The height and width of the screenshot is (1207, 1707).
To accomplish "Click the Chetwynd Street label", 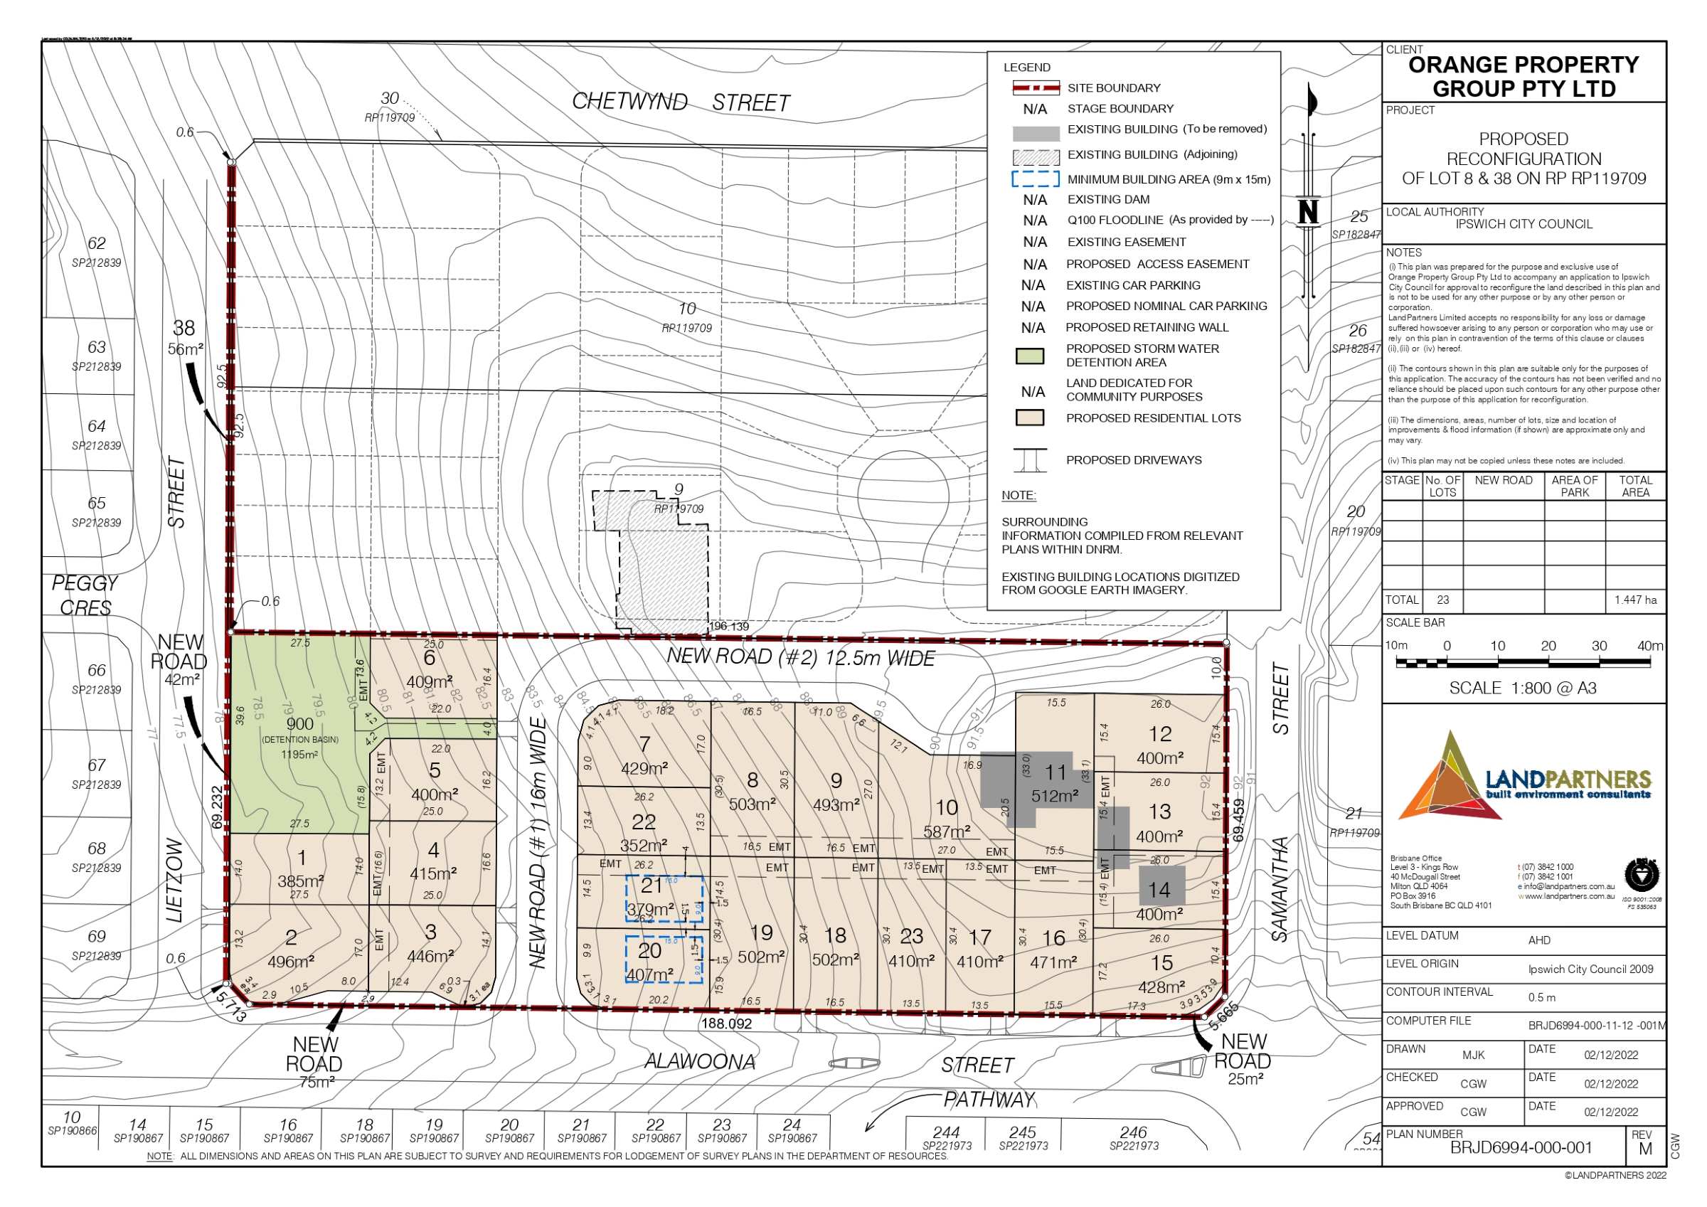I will [680, 102].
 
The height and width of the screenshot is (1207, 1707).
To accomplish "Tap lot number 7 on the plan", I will [644, 744].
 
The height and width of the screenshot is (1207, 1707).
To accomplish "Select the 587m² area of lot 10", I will [947, 831].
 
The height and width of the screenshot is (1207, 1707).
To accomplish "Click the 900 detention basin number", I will [299, 724].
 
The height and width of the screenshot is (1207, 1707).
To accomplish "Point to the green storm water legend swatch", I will [1030, 356].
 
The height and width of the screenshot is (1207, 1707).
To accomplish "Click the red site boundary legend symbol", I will [1036, 87].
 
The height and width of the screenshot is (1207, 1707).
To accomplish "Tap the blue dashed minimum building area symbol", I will [1035, 179].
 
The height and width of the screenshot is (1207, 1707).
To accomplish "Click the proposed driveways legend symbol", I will [1030, 460].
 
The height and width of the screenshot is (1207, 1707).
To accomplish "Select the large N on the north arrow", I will [1308, 212].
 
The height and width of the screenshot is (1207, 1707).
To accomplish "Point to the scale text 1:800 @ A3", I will [1523, 688].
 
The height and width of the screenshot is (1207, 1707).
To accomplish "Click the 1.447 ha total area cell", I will [1635, 600].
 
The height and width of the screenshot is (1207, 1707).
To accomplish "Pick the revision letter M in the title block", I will [1645, 1148].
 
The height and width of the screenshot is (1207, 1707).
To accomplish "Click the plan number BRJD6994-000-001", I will [1521, 1147].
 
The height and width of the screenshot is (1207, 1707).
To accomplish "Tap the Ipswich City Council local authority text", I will [1523, 224].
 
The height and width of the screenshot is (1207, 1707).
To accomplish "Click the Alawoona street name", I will [700, 1061].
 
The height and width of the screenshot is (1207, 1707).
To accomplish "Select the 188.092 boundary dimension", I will [726, 1024].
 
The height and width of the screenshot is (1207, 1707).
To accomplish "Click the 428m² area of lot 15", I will [1161, 987].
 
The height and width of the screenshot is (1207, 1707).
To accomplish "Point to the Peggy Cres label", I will [85, 595].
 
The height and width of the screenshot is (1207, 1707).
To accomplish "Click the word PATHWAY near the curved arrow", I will [989, 1099].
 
